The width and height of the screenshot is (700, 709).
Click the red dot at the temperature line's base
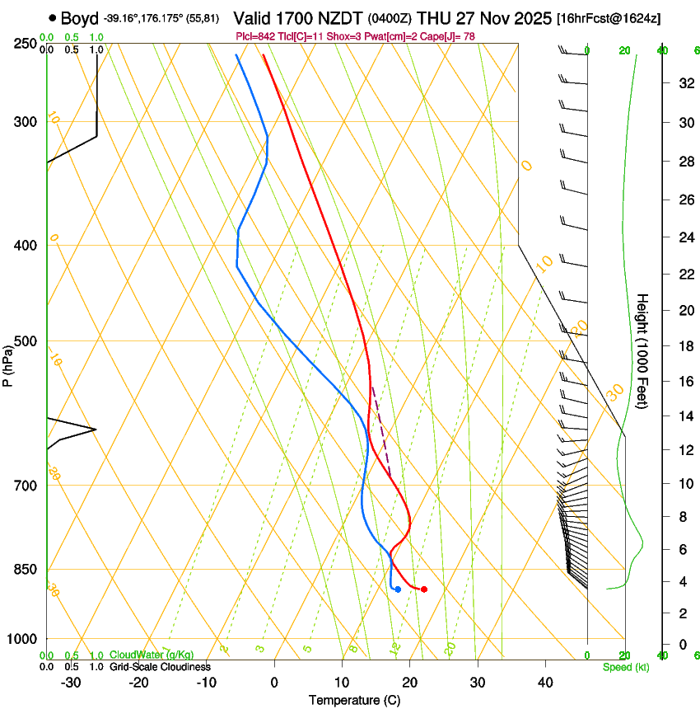[x=423, y=589]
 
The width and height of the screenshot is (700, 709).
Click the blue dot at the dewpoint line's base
[x=398, y=589]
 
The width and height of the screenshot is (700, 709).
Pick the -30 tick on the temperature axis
[x=71, y=683]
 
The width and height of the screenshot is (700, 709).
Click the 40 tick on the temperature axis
[x=544, y=683]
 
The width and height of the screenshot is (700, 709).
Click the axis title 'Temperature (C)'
[x=354, y=700]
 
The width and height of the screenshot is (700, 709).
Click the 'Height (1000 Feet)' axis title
[x=643, y=350]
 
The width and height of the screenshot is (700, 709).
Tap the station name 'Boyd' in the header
[x=80, y=18]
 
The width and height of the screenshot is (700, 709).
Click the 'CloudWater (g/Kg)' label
[x=152, y=655]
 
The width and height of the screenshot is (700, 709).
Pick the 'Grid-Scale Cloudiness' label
[x=159, y=666]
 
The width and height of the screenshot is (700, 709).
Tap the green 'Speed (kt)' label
[x=625, y=667]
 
